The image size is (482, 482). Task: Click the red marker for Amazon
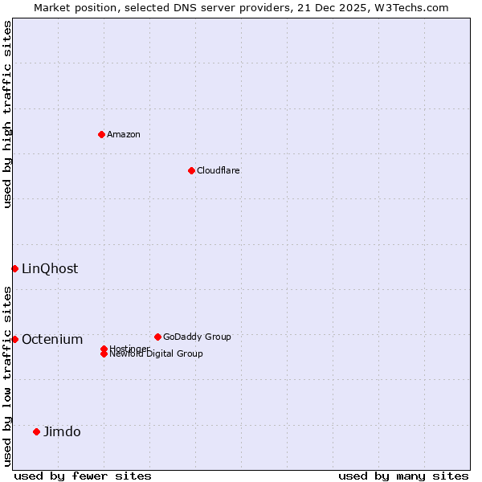coord(101,134)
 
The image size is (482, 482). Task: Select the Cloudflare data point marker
coord(191,170)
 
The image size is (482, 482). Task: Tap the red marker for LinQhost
coord(14,268)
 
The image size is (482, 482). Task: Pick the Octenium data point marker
coord(14,339)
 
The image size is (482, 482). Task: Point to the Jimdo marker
coord(36,431)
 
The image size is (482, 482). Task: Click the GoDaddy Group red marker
coord(157,337)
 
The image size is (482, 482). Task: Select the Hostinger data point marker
coord(104,349)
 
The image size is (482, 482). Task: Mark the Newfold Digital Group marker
coord(104,354)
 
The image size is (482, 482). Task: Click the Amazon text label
coord(124,134)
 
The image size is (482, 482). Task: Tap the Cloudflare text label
coord(219,170)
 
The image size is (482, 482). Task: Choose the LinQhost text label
coord(50,268)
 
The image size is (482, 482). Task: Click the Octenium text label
coord(52,339)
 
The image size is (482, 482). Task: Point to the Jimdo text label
coord(62,431)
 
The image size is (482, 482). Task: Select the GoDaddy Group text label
coord(197,337)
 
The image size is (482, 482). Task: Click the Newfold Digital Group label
coord(157,354)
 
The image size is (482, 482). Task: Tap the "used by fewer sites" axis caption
coord(83,476)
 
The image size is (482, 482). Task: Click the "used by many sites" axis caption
coord(403,476)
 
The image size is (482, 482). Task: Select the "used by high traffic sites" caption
coord(7,114)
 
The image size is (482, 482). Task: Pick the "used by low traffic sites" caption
coord(7,376)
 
